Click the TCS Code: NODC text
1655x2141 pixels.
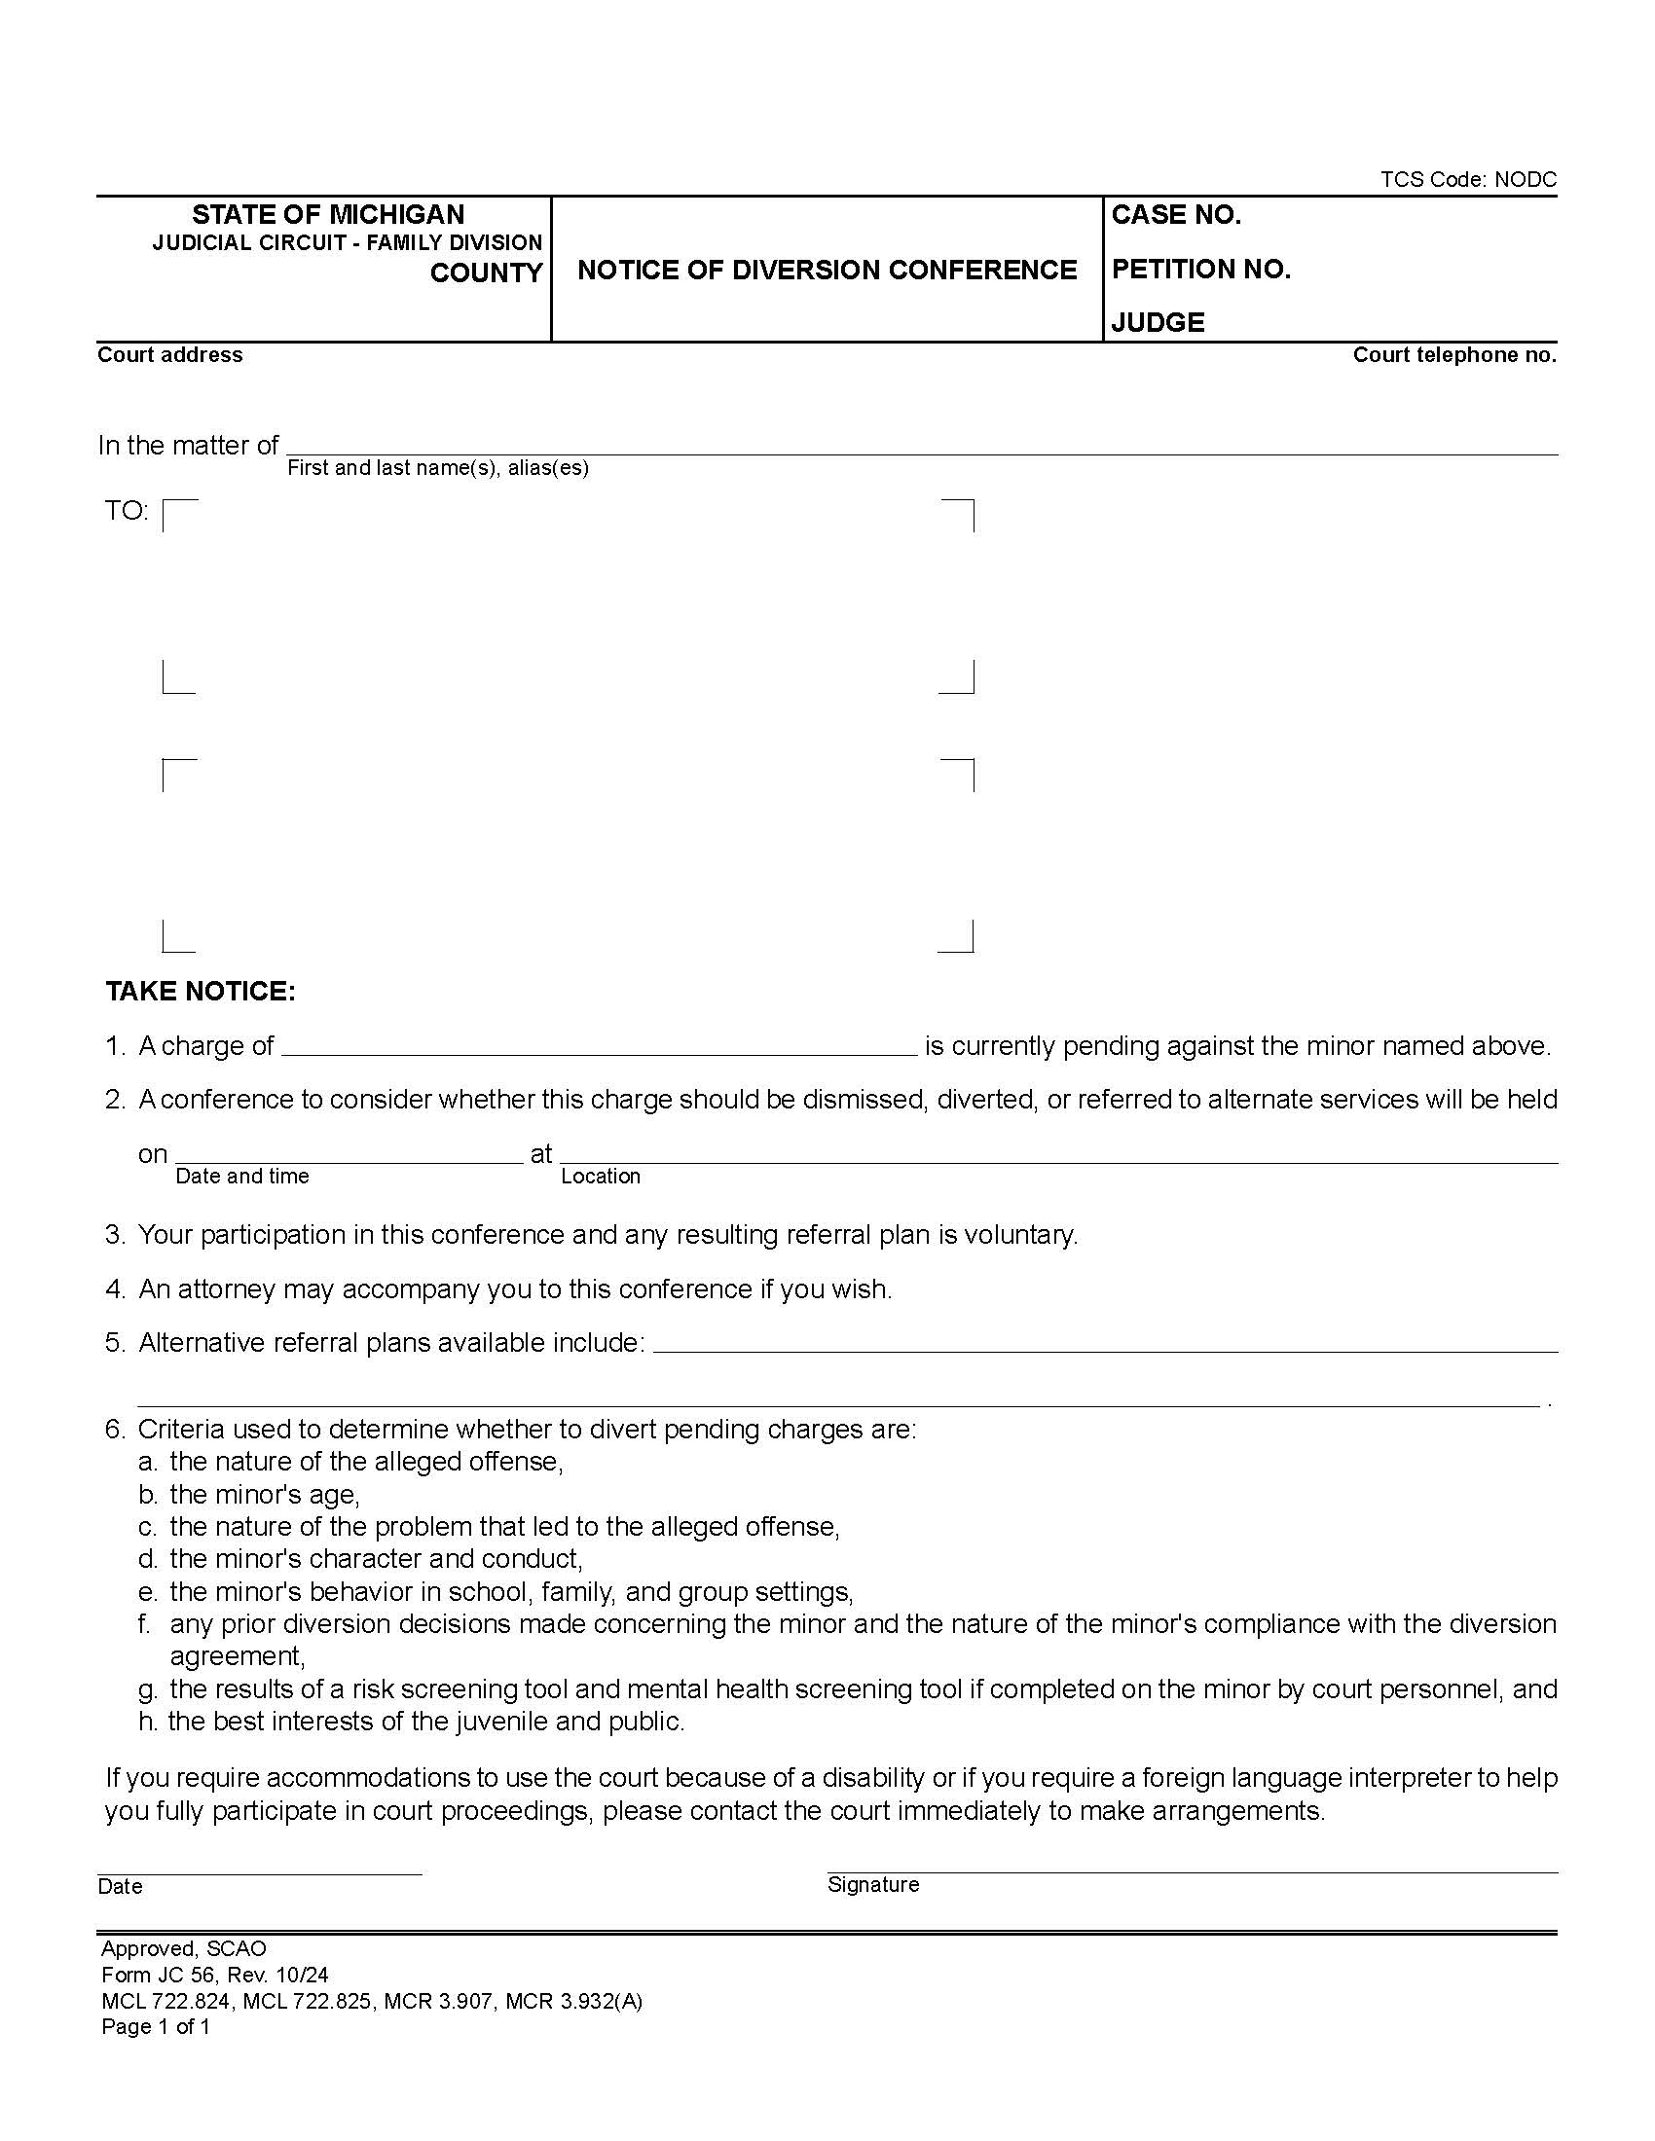click(x=1468, y=179)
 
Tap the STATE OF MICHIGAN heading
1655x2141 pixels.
click(x=328, y=215)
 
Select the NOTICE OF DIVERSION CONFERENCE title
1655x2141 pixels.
click(x=827, y=271)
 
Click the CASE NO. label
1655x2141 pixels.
click(x=1176, y=216)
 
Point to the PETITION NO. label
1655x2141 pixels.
click(x=1200, y=270)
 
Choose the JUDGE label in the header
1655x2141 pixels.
click(x=1157, y=322)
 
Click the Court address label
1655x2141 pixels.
click(x=169, y=355)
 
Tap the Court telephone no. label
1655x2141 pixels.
click(x=1454, y=355)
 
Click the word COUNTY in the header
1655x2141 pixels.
click(x=487, y=273)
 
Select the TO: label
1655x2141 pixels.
click(x=127, y=511)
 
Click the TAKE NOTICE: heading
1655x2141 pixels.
click(x=200, y=991)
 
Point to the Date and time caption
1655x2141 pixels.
click(x=242, y=1177)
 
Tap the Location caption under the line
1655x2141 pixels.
click(x=600, y=1177)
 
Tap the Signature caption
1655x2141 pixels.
click(x=872, y=1884)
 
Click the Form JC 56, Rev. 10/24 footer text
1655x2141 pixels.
click(x=215, y=1975)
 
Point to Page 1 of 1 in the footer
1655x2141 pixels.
click(x=155, y=2026)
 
